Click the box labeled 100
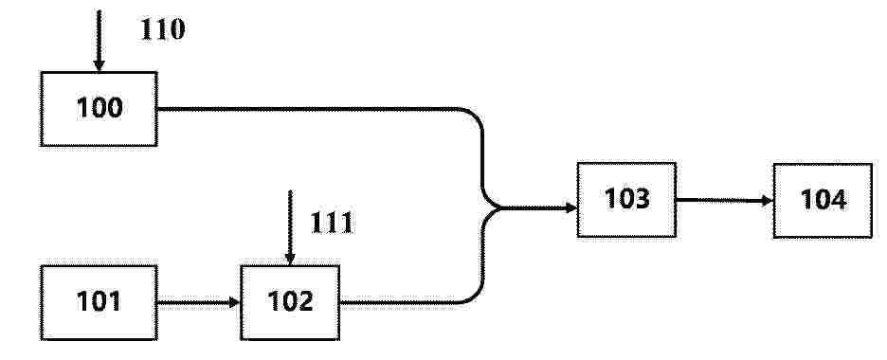99,109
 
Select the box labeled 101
99,303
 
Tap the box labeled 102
290,303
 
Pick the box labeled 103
626,200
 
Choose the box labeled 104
824,201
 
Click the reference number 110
162,29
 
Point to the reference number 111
332,224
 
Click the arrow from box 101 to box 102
199,303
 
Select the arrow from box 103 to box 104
725,200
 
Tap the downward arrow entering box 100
99,41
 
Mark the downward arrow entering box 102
290,227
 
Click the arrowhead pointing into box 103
571,208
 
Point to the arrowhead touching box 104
768,201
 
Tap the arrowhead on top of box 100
99,66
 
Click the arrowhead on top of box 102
290,260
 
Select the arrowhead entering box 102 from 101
235,303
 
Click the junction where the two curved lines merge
498,208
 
